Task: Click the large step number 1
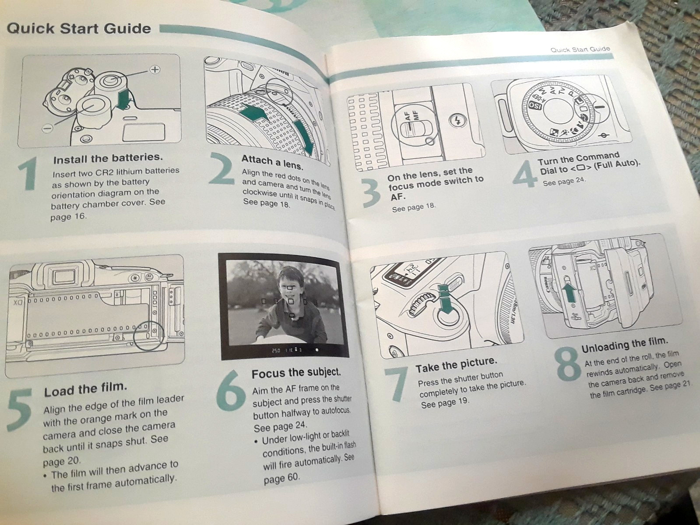[x=28, y=174]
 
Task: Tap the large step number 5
[x=20, y=409]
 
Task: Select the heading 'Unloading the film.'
[x=624, y=345]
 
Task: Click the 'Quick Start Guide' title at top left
[x=78, y=29]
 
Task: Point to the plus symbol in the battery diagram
[x=155, y=70]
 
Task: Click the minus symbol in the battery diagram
[x=47, y=128]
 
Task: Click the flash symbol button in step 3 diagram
[x=459, y=120]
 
